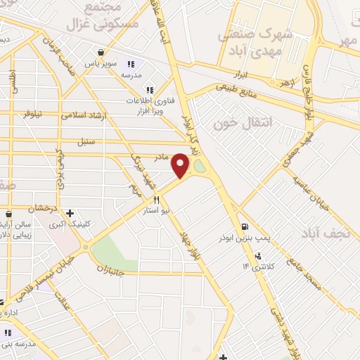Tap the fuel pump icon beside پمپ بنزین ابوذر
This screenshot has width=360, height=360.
pos(244,226)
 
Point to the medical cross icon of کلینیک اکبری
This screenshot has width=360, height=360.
pos(69,213)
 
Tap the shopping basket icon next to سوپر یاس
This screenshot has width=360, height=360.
pos(102,52)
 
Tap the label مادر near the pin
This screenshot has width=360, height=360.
pos(162,157)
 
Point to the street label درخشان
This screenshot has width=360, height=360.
pos(41,209)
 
